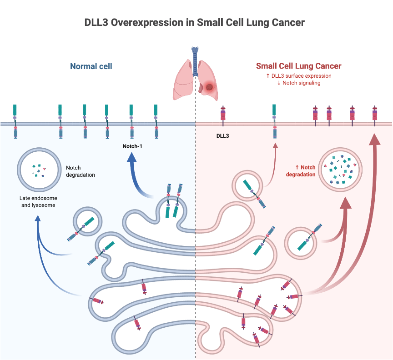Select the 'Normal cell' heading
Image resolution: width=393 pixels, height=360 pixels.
click(x=91, y=66)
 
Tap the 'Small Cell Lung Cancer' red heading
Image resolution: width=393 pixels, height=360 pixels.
click(x=298, y=66)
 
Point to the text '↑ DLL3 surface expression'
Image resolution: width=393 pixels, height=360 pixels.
click(x=298, y=75)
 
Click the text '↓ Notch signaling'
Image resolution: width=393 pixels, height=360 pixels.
click(x=298, y=83)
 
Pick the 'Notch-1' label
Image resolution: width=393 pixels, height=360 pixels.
click(x=132, y=146)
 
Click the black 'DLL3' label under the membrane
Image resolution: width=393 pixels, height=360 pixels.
click(x=223, y=135)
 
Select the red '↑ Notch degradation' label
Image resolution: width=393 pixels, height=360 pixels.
click(x=302, y=171)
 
